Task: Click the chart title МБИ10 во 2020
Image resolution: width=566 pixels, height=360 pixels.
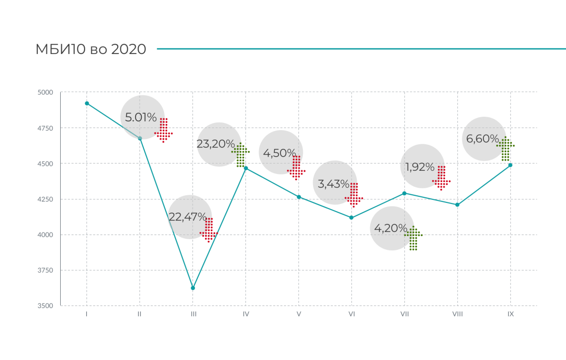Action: [x=91, y=49]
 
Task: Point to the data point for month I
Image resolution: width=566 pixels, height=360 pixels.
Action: [x=87, y=104]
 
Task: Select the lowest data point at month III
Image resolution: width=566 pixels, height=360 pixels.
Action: [x=193, y=288]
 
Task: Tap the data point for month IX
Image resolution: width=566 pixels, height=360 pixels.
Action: [x=510, y=165]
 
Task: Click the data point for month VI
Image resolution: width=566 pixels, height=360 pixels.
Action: [x=351, y=218]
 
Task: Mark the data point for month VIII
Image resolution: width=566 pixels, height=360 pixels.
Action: [x=457, y=205]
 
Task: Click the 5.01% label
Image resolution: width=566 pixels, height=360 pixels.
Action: [x=141, y=117]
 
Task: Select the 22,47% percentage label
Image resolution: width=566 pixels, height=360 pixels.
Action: [x=188, y=217]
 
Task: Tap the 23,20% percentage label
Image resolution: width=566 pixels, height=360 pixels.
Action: [x=216, y=144]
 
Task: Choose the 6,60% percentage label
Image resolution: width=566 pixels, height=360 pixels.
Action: [x=481, y=139]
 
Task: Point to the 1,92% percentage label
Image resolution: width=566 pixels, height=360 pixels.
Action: [x=420, y=167]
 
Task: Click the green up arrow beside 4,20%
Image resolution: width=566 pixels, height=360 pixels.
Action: [x=414, y=238]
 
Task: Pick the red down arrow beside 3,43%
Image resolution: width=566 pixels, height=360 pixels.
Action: [x=354, y=195]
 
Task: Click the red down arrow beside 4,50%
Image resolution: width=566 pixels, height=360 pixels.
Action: [x=296, y=168]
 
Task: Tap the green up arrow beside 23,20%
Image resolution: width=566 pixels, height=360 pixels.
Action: [x=241, y=155]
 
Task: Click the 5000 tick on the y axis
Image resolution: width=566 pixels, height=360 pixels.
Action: [x=45, y=92]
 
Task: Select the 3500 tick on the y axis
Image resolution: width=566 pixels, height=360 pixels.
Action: [x=45, y=306]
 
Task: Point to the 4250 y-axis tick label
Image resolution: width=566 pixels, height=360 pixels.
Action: [x=45, y=199]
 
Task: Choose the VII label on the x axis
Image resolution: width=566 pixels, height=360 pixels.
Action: [x=404, y=315]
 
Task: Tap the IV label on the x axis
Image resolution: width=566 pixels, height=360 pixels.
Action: [x=246, y=315]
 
